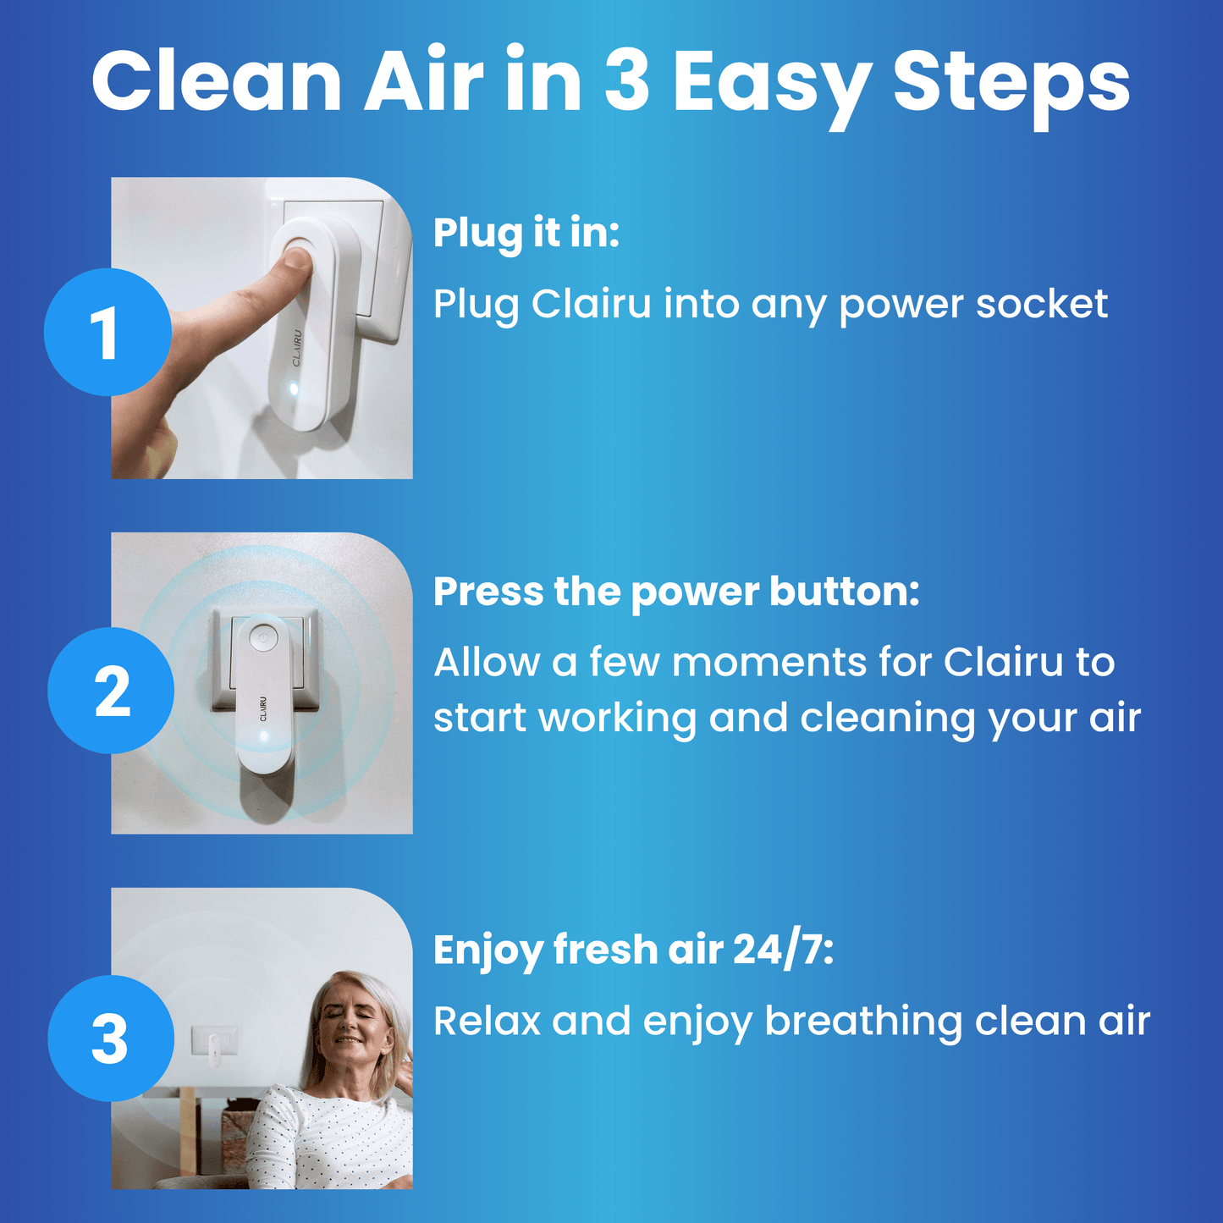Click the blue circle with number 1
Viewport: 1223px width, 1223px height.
pos(107,332)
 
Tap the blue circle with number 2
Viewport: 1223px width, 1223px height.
pos(111,691)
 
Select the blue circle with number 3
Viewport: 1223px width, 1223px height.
pos(111,1038)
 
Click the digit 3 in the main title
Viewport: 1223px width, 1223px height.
pos(627,81)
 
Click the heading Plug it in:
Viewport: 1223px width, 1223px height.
pos(526,233)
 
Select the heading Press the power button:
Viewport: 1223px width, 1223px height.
pos(675,592)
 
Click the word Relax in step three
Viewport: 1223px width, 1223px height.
pos(487,1022)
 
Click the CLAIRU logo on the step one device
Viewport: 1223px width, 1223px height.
pos(297,348)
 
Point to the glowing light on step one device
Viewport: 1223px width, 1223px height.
pos(293,389)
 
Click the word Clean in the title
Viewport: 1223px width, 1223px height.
pos(217,81)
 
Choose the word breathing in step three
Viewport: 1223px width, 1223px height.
pos(863,1022)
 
